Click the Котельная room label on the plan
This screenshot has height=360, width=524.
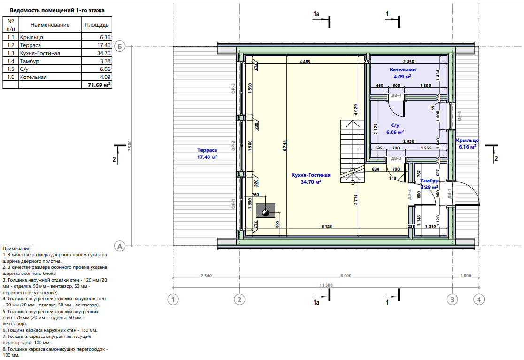tap(402, 70)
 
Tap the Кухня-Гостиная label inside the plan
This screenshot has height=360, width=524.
tap(311, 175)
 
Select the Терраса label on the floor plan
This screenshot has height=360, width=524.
tap(207, 150)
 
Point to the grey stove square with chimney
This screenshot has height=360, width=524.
tap(266, 211)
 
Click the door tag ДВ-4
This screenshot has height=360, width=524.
tap(396, 95)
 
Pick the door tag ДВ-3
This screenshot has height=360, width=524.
tap(396, 158)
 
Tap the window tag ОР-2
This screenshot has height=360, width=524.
tap(233, 146)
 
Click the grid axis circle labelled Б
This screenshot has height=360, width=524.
tap(120, 46)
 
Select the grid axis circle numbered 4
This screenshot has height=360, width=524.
tap(479, 299)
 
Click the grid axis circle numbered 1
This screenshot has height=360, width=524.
tap(173, 299)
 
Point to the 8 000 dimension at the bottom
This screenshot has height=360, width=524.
tap(346, 276)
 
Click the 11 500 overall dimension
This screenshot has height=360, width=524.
tap(326, 285)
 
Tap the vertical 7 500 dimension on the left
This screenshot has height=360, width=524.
tap(130, 146)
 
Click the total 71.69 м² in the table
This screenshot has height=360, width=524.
tap(99, 85)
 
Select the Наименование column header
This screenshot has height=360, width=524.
tap(50, 25)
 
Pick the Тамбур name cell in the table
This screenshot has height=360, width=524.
tap(30, 61)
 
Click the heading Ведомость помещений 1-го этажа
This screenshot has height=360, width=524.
tap(57, 10)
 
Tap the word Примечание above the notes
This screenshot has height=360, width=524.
tap(17, 248)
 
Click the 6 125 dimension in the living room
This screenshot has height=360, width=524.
tap(326, 227)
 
